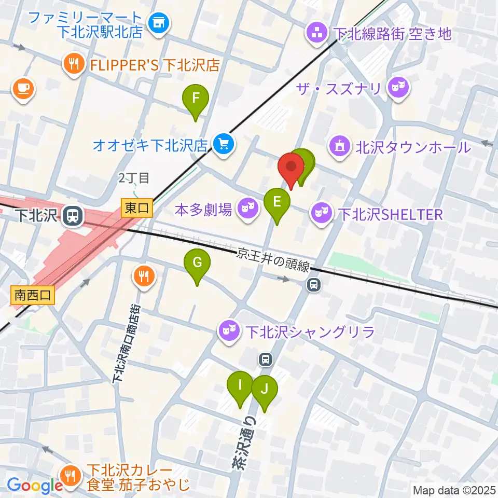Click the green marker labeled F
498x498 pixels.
point(195,99)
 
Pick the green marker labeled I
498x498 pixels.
point(240,386)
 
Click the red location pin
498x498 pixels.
point(291,169)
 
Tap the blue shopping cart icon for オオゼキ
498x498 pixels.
point(224,144)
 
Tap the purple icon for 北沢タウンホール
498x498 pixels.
point(340,147)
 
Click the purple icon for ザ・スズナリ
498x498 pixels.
point(398,86)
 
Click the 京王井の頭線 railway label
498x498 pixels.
point(273,259)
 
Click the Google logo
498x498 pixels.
point(35,486)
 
